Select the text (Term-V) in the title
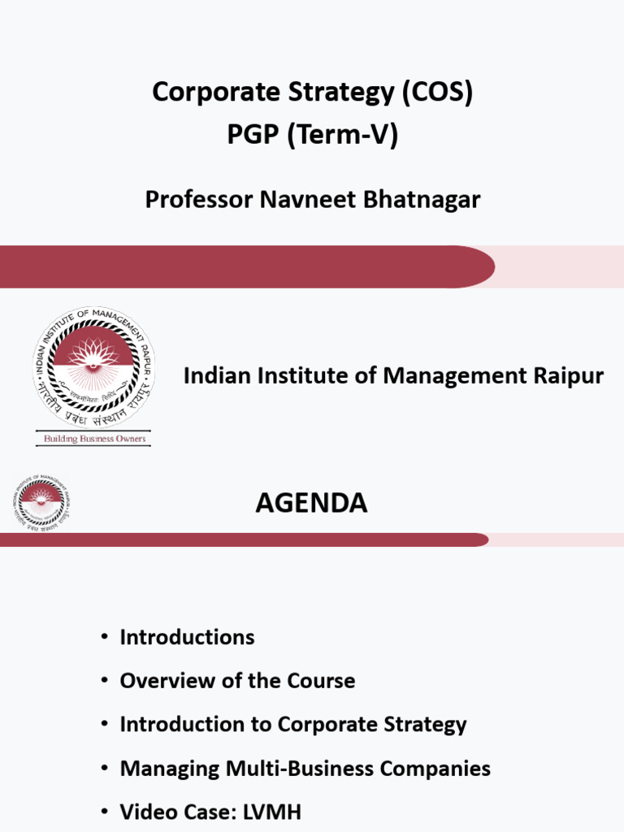341,136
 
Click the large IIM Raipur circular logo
93,368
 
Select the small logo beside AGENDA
41,503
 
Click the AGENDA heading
311,504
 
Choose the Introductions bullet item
187,637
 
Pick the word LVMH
271,812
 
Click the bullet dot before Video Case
104,812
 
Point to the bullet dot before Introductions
104,637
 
